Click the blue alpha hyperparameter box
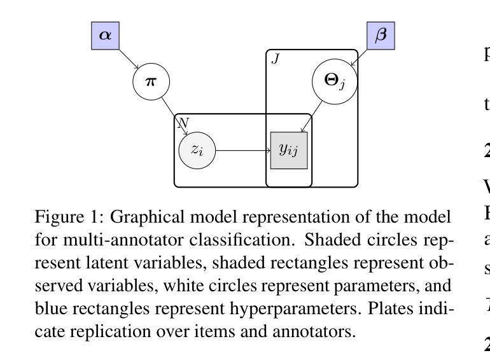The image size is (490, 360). pos(106,35)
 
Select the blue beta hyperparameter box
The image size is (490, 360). pos(381,35)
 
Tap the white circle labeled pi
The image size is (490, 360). pos(151,81)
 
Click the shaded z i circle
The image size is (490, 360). pos(197,151)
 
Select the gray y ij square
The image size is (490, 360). pos(289,151)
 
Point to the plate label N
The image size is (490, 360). pos(182,121)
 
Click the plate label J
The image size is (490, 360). pos(276,59)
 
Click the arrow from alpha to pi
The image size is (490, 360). pos(128,59)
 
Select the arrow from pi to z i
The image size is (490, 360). pos(174,115)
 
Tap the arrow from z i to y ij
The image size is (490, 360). pos(243,151)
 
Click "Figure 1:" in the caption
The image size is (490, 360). pos(69,218)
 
